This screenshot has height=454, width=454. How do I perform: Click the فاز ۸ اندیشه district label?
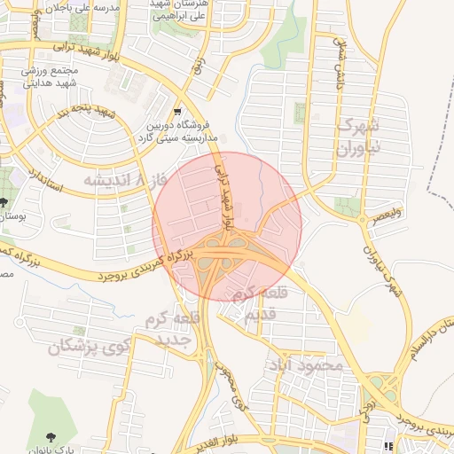point(121,180)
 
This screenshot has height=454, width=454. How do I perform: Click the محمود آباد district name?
point(308,364)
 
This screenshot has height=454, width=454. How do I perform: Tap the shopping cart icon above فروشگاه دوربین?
point(178,112)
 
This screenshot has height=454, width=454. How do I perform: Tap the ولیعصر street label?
point(387,214)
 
